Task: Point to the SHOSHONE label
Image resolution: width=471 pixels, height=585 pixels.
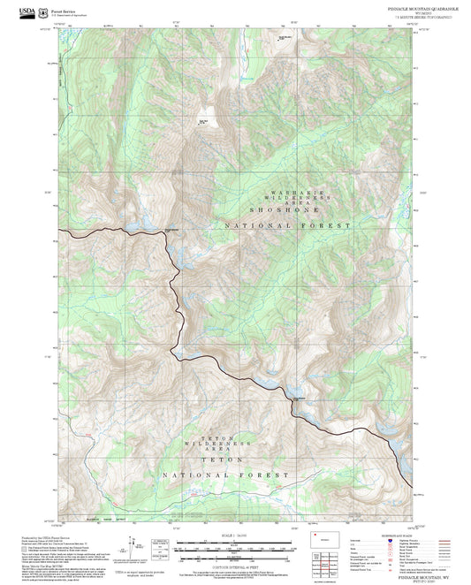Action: click(x=287, y=209)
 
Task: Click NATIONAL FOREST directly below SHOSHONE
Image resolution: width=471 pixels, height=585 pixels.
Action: click(x=287, y=226)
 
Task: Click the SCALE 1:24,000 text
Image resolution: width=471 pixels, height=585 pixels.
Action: click(x=235, y=536)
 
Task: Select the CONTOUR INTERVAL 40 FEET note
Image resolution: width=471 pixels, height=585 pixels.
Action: click(x=235, y=566)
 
